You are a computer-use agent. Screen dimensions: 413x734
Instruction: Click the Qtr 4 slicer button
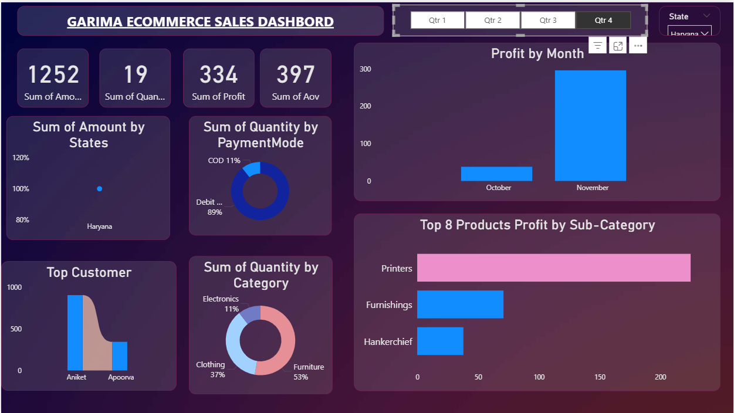coord(603,21)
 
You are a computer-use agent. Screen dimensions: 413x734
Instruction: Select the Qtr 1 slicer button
coord(437,21)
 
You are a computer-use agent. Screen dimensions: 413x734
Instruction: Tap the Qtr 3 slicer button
coord(547,21)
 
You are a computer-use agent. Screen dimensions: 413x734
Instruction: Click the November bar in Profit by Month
coord(590,126)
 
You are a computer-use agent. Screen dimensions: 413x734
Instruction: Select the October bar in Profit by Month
coord(496,174)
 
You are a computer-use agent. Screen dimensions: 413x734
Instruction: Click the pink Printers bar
coord(553,268)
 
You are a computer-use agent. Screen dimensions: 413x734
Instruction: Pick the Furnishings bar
coord(460,304)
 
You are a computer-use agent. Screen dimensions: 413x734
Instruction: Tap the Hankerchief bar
coord(440,341)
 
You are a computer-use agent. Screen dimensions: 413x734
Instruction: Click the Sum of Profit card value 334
coord(218,75)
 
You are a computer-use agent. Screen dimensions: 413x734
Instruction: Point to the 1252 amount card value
coord(53,75)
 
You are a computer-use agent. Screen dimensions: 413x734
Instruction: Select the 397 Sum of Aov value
coord(296,75)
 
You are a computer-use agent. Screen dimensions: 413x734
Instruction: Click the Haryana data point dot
coord(100,189)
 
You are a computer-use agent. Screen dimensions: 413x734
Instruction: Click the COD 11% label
coord(224,161)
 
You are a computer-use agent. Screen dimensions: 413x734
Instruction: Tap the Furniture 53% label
coord(308,372)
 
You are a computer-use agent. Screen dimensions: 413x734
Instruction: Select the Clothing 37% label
coord(211,370)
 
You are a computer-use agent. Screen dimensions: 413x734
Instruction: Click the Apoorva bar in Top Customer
coord(120,356)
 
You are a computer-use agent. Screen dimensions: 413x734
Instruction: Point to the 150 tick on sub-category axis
coord(600,377)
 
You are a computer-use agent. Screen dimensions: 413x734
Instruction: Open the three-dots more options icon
coord(638,46)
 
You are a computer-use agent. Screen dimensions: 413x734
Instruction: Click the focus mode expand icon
coord(618,46)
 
